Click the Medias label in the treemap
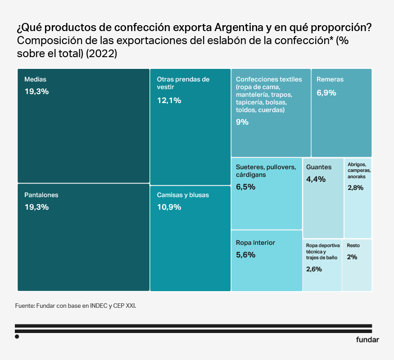[x=35, y=79]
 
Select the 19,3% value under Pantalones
[x=36, y=207]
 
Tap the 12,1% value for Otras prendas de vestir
[x=169, y=100]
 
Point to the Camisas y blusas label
[x=183, y=195]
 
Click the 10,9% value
[x=169, y=207]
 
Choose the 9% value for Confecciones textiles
[x=242, y=121]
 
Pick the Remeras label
[x=330, y=79]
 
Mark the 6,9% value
[x=326, y=93]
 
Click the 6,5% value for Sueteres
[x=245, y=186]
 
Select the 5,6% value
[x=245, y=255]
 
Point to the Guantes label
[x=319, y=167]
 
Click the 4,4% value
[x=316, y=179]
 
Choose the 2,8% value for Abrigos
[x=355, y=188]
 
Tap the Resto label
[x=353, y=246]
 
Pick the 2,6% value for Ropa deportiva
[x=314, y=269]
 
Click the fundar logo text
[x=367, y=340]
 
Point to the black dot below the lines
[x=17, y=336]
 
